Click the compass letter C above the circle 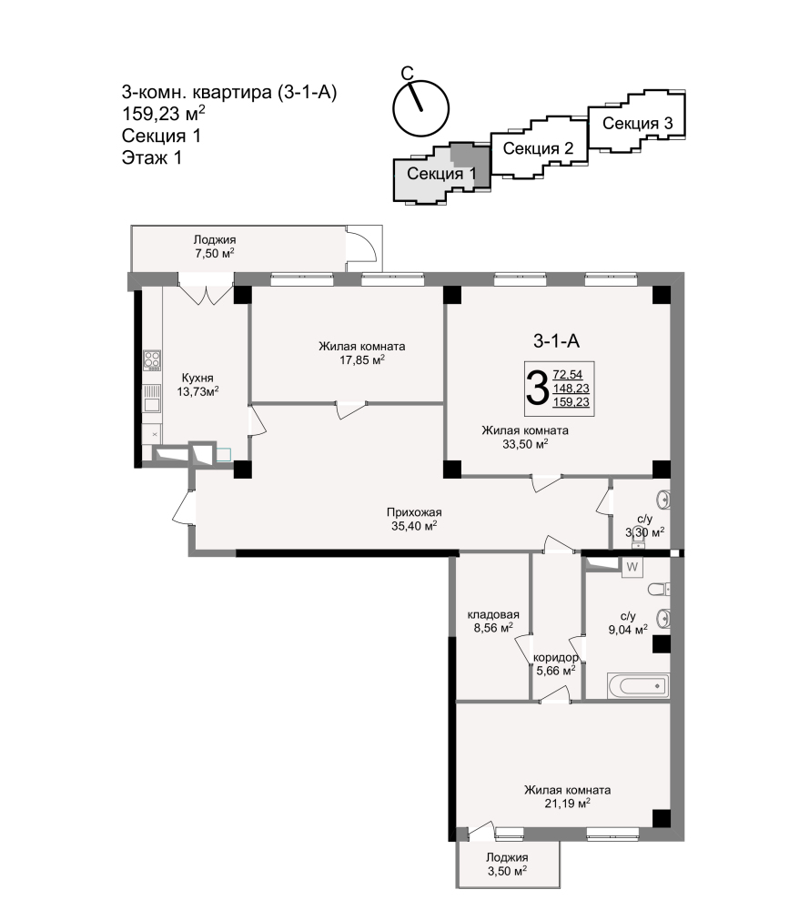[x=408, y=73]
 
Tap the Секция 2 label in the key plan [x=538, y=148]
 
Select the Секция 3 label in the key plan [x=637, y=123]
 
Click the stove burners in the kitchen [x=152, y=360]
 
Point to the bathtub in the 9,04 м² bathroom [x=638, y=685]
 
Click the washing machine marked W [x=632, y=567]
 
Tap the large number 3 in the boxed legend [x=537, y=389]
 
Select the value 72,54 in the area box [x=568, y=375]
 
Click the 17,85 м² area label [x=362, y=360]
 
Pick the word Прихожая [x=414, y=512]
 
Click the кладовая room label [x=493, y=614]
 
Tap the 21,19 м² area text [x=567, y=804]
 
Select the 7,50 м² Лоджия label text [x=215, y=253]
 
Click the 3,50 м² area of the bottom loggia [x=507, y=871]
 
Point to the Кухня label [x=197, y=378]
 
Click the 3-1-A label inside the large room [x=556, y=341]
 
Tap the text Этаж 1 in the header [x=151, y=157]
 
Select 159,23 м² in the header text [x=163, y=113]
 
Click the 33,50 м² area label [x=525, y=445]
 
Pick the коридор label [x=555, y=658]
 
